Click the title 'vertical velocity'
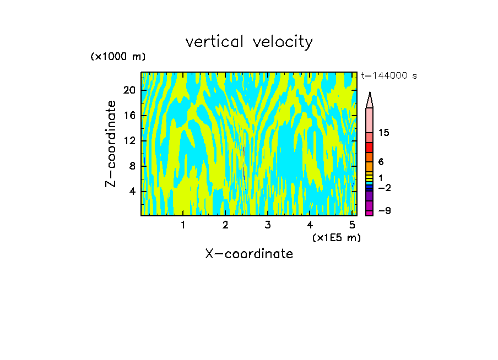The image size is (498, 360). tap(249, 42)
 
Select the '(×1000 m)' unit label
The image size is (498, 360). tap(118, 57)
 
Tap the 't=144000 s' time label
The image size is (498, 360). tap(389, 76)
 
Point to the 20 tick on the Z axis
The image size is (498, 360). tap(129, 91)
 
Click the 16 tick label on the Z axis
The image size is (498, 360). tap(129, 116)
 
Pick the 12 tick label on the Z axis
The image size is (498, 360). tap(129, 141)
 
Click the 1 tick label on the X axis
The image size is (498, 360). tap(183, 225)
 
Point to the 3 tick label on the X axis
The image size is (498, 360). tap(268, 225)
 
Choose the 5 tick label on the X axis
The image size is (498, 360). tap(352, 225)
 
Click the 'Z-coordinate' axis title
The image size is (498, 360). tap(111, 144)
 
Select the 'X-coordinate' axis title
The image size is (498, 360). tap(249, 254)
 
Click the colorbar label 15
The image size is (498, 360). tap(384, 133)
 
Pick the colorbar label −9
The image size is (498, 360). tap(384, 211)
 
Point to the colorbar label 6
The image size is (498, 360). tap(381, 162)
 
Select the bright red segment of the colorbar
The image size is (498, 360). tap(370, 148)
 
